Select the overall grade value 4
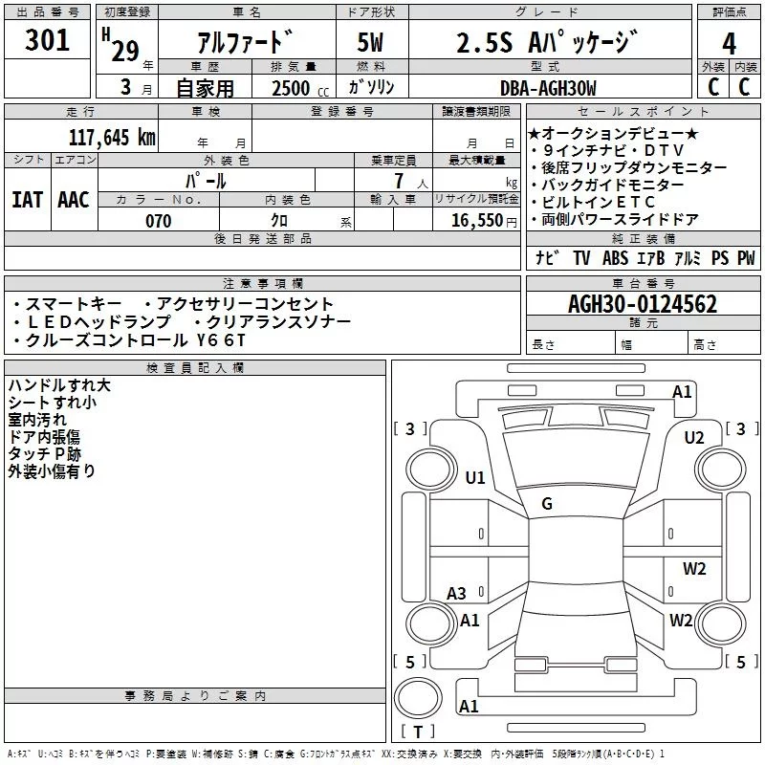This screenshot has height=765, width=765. pyautogui.click(x=729, y=42)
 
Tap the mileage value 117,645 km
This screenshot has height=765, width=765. pyautogui.click(x=112, y=137)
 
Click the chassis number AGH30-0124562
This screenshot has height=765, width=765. pyautogui.click(x=643, y=304)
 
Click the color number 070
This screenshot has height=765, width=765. pyautogui.click(x=158, y=221)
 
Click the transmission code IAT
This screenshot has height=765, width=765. pyautogui.click(x=28, y=200)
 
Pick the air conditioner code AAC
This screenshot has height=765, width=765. pyautogui.click(x=74, y=200)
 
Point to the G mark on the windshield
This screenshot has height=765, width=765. pyautogui.click(x=547, y=503)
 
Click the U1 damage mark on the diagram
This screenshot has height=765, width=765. pyautogui.click(x=475, y=477)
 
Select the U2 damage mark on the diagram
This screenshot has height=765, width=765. pyautogui.click(x=694, y=437)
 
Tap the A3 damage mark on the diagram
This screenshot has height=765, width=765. pyautogui.click(x=457, y=593)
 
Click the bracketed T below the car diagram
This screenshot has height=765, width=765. pyautogui.click(x=418, y=732)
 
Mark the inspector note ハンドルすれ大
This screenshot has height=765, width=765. pyautogui.click(x=59, y=385)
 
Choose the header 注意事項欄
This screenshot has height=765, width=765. pyautogui.click(x=263, y=284)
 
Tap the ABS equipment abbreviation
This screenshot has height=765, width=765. pyautogui.click(x=615, y=258)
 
